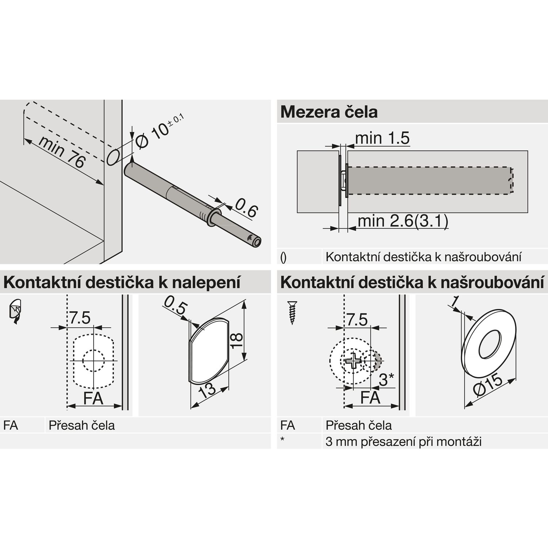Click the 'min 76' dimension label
pyautogui.click(x=62, y=152)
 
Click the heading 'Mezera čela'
pyautogui.click(x=329, y=112)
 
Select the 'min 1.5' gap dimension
pyautogui.click(x=382, y=138)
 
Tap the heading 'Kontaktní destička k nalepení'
pyautogui.click(x=122, y=283)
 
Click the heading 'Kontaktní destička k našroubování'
pyautogui.click(x=412, y=283)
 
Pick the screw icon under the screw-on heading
pyautogui.click(x=292, y=313)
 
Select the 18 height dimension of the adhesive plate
pyautogui.click(x=237, y=341)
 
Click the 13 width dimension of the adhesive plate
pyautogui.click(x=208, y=390)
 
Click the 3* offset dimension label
pyautogui.click(x=386, y=380)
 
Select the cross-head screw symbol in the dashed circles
pyautogui.click(x=353, y=361)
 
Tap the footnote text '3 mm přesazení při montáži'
pyautogui.click(x=403, y=442)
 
